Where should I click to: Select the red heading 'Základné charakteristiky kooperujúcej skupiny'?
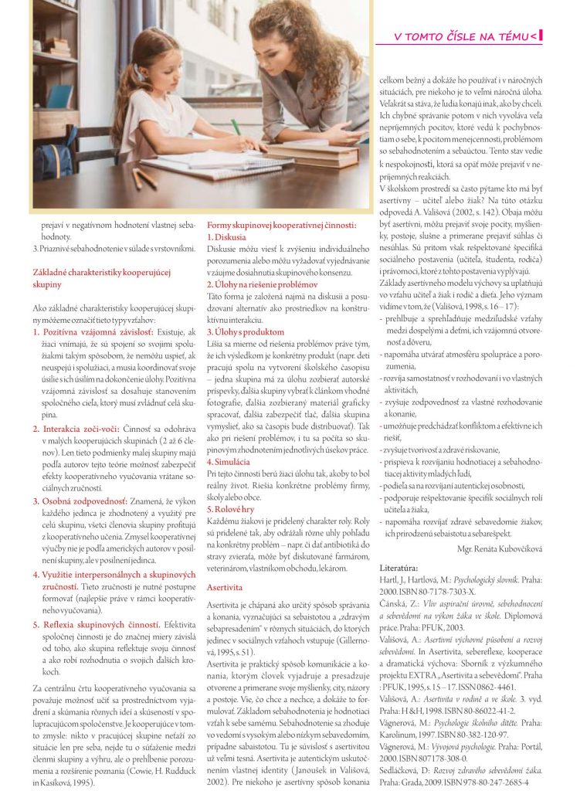click(x=100, y=278)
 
